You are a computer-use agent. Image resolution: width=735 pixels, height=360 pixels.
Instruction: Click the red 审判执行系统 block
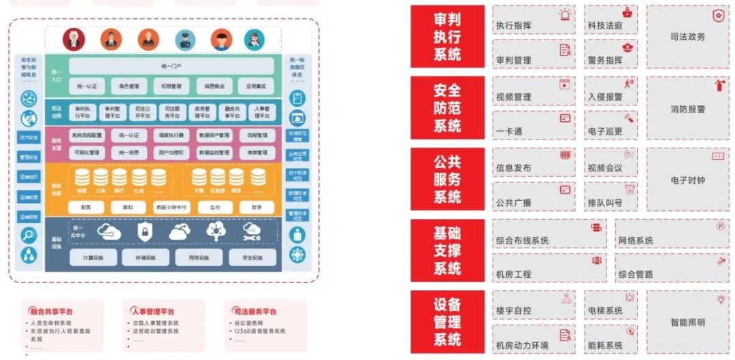point(447,37)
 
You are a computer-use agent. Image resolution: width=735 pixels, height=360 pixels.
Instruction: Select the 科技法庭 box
point(610,21)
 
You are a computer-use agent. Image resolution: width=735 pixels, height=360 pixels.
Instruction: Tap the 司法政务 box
point(687,37)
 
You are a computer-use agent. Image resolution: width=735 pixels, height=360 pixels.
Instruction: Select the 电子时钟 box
point(687,179)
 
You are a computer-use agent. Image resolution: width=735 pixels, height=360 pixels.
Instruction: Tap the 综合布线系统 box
point(549,234)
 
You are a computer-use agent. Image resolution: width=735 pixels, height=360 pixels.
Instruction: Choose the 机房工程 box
point(549,268)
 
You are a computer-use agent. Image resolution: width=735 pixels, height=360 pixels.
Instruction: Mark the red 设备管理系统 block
point(447,321)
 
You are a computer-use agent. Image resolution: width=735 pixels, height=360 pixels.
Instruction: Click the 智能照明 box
point(687,322)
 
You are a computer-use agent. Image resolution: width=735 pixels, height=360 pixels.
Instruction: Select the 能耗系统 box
point(610,339)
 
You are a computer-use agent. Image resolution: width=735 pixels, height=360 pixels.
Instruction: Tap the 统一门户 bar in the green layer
point(171,66)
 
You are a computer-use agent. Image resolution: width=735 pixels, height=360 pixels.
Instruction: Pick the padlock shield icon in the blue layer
point(144,232)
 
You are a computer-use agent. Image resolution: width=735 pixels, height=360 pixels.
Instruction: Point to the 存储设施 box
point(146,257)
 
